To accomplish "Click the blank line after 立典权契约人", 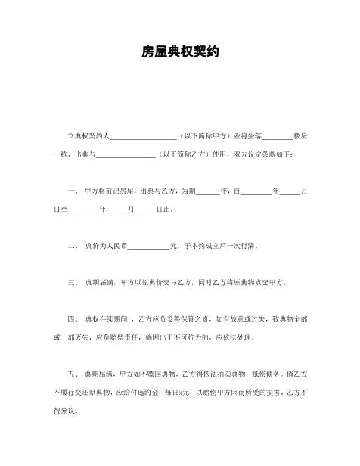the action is [143, 138].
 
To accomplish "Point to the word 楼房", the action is [299, 138].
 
